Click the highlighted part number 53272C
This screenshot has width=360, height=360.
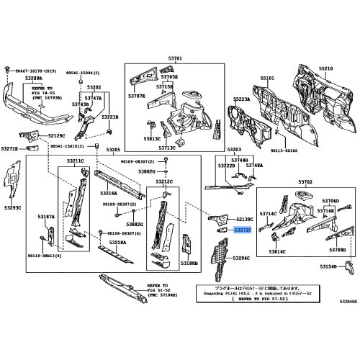pos(243,230)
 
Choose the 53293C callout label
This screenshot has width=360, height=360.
pos(14,207)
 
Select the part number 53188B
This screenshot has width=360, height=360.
pos(189,264)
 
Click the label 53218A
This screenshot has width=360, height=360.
pos(117,243)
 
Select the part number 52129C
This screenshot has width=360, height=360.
pos(53,135)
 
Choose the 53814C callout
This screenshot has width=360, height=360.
pos(277,253)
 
